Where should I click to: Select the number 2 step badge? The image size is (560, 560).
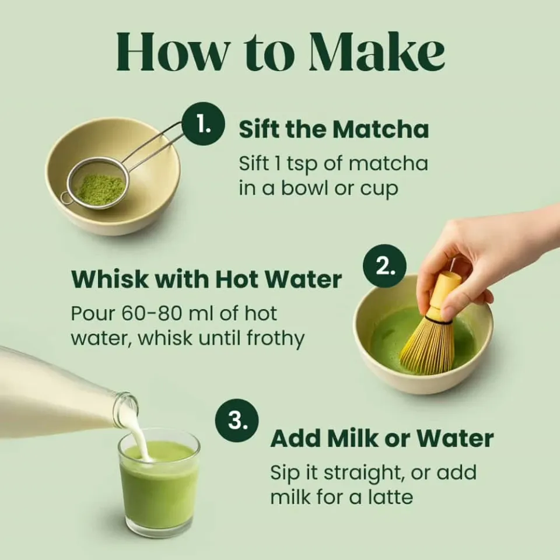383,267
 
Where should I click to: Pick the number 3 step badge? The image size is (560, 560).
236,421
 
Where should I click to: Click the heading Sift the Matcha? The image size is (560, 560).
334,129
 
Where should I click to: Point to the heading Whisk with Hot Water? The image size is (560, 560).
206,279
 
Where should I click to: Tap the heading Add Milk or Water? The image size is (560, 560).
382,438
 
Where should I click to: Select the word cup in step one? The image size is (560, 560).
379,190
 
